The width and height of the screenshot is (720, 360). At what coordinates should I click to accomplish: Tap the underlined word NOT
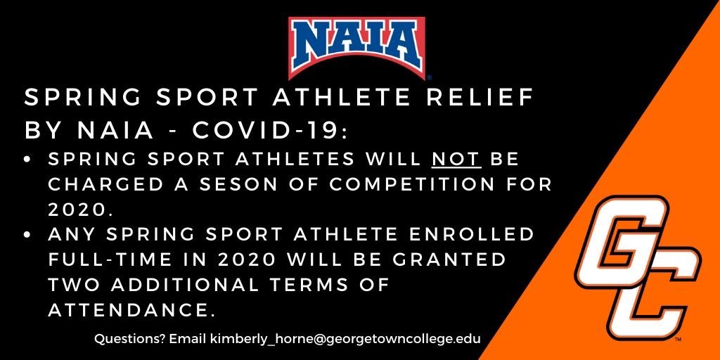(x=456, y=159)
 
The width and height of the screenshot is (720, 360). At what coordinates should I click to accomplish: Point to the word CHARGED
(x=98, y=184)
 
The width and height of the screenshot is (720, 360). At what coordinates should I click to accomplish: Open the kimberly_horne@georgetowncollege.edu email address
(x=345, y=339)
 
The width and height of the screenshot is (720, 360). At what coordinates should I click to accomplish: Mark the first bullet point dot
(x=29, y=160)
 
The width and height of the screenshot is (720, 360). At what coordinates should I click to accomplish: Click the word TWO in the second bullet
(x=71, y=284)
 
